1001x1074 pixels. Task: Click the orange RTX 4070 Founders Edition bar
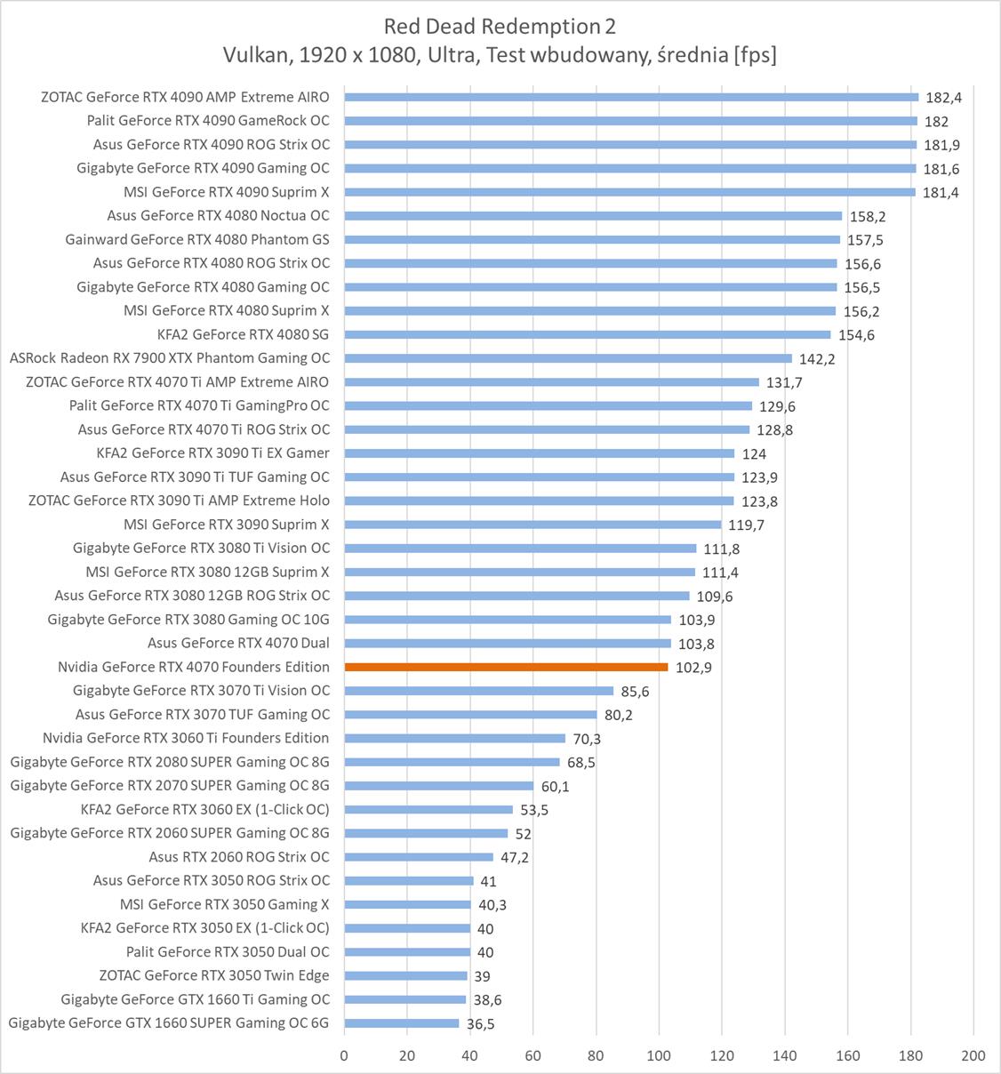(506, 667)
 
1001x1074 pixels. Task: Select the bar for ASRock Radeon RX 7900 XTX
(568, 358)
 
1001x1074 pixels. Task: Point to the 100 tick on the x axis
(659, 1055)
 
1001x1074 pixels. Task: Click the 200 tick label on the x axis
(973, 1055)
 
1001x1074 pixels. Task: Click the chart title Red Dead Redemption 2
(500, 26)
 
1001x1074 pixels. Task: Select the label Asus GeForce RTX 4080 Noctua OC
(218, 215)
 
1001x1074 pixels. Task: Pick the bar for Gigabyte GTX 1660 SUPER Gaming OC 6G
(402, 1023)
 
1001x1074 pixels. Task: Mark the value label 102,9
(693, 668)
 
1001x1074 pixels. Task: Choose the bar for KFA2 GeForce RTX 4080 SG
(588, 334)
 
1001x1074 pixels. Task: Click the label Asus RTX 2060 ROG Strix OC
(239, 857)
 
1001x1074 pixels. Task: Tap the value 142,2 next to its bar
(817, 359)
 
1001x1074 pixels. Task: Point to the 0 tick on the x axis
(344, 1055)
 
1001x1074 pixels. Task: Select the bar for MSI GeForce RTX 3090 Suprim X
(533, 525)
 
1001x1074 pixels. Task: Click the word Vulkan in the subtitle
(255, 55)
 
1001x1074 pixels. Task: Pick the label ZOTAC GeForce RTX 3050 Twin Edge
(214, 975)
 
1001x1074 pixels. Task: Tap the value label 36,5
(480, 1024)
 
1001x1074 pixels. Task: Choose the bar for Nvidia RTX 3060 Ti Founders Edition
(454, 738)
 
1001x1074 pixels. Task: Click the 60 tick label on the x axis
(533, 1055)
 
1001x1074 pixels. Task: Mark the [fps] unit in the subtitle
(755, 55)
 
